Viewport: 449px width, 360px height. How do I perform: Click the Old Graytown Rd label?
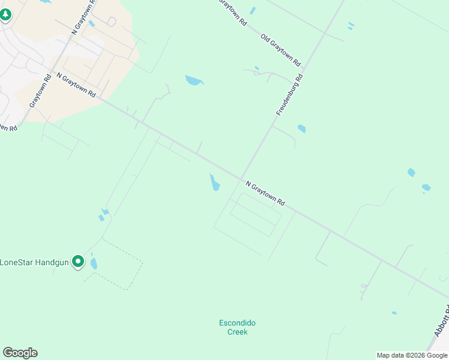[x=280, y=50]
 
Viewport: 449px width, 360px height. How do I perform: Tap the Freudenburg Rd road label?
[x=289, y=95]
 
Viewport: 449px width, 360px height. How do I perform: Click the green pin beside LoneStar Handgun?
[x=77, y=262]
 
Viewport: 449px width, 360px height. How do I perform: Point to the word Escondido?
[x=237, y=323]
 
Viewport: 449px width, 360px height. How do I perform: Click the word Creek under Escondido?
[x=237, y=332]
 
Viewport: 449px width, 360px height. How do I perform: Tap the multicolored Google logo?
[x=20, y=353]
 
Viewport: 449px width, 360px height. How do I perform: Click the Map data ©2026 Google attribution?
[x=412, y=355]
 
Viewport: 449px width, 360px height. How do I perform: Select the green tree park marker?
[x=5, y=14]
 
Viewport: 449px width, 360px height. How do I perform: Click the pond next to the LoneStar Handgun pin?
[x=94, y=263]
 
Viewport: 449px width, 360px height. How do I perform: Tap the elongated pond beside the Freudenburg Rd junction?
[x=214, y=182]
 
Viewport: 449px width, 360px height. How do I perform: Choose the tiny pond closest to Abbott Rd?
[x=394, y=313]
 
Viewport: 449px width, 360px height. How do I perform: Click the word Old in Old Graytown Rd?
[x=267, y=38]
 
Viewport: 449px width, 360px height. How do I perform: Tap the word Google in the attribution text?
[x=436, y=355]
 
